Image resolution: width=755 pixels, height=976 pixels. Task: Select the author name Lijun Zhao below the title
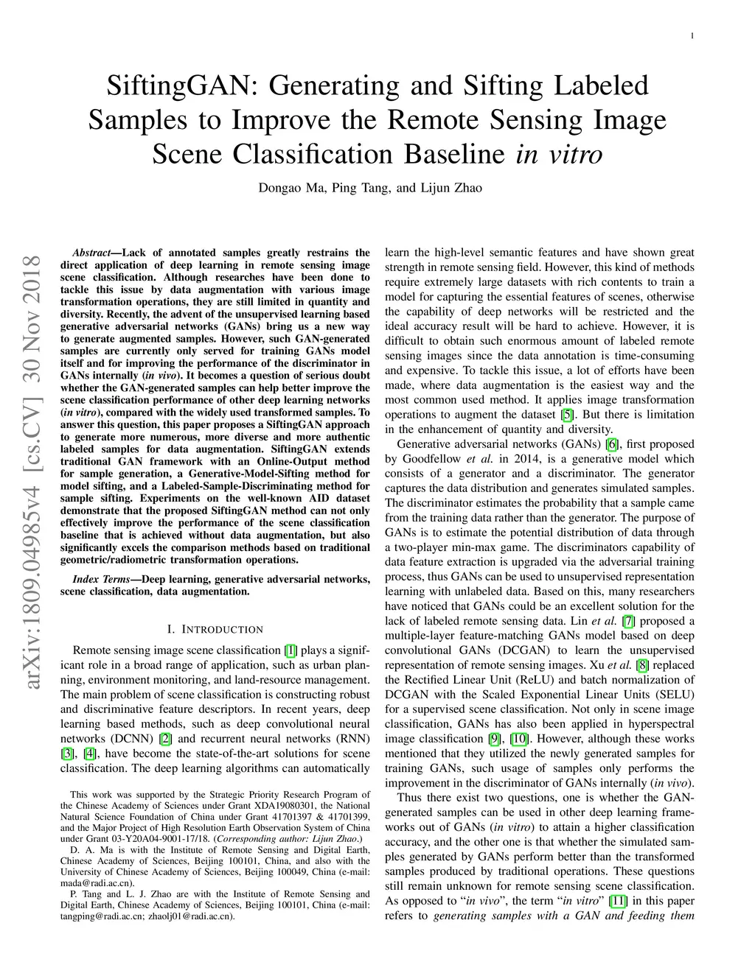click(450, 188)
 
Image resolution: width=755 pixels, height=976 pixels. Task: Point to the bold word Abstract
click(91, 253)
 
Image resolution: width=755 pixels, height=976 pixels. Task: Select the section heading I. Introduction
click(215, 629)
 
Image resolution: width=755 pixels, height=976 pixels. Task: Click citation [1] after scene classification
click(290, 650)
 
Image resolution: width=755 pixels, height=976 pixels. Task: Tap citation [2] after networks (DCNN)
click(166, 739)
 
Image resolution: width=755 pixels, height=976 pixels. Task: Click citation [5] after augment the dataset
click(568, 415)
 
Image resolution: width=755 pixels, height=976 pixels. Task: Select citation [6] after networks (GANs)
click(611, 444)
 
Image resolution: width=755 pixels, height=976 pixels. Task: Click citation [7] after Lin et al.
click(628, 621)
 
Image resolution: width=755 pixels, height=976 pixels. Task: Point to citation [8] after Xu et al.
click(643, 665)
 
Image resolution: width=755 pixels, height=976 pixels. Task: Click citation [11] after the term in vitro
click(618, 901)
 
